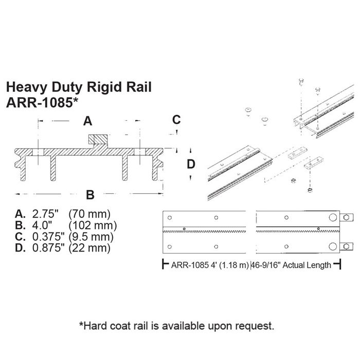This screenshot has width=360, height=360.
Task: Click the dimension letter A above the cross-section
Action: coord(87,121)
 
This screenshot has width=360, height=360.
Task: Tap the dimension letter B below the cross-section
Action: coord(89,195)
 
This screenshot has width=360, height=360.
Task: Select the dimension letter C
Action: coord(176,120)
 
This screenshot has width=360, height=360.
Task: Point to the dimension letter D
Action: coord(191,165)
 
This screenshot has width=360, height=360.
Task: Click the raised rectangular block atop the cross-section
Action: coord(98,139)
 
